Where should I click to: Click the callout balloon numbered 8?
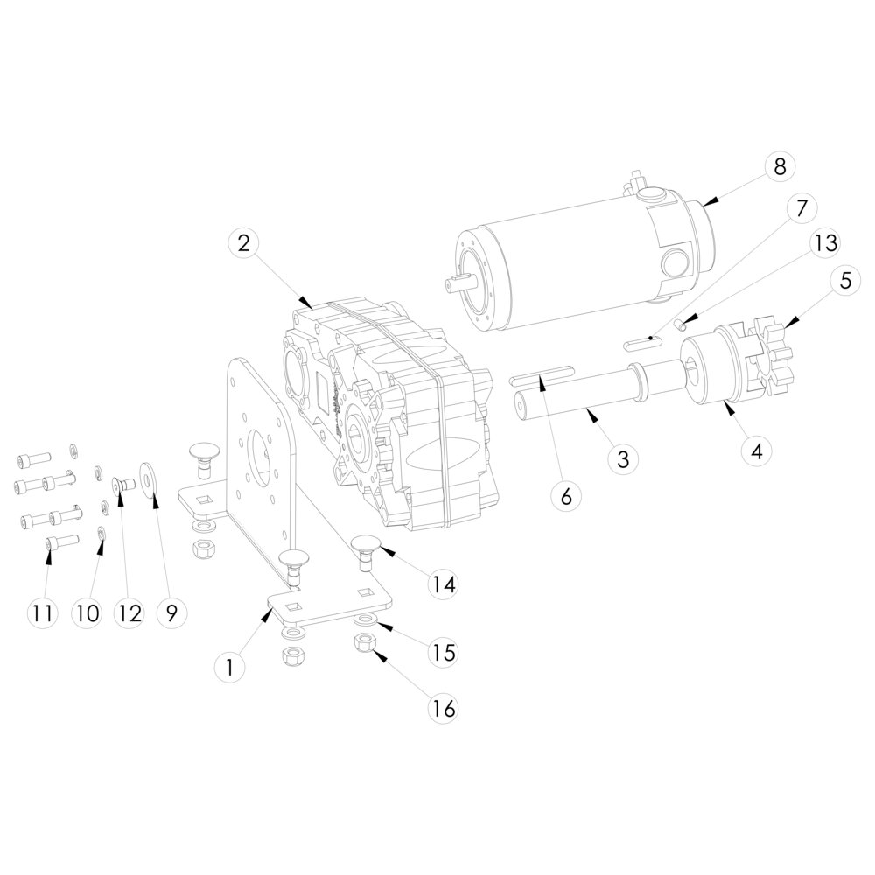click(780, 166)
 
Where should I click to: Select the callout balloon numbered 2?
click(244, 244)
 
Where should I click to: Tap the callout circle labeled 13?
click(826, 243)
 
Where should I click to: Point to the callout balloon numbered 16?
click(444, 709)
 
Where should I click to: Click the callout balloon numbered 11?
click(42, 613)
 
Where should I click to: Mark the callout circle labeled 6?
click(566, 496)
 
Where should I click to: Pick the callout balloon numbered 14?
click(443, 584)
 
